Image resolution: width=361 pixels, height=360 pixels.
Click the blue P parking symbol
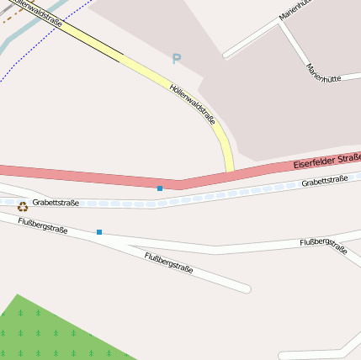click(176, 59)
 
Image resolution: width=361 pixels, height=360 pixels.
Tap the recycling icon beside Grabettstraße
click(23, 206)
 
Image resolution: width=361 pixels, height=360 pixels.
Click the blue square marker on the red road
click(160, 188)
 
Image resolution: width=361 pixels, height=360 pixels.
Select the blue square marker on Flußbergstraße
click(98, 231)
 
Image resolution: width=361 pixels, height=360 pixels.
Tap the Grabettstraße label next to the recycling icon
click(56, 203)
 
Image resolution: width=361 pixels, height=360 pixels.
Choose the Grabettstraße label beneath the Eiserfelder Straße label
click(325, 181)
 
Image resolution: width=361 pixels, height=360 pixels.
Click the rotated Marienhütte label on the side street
click(323, 73)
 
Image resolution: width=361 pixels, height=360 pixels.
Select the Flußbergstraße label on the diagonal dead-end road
click(168, 263)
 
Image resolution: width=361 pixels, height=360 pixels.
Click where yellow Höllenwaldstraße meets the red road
click(230, 172)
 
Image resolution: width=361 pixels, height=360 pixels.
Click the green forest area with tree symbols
click(50, 332)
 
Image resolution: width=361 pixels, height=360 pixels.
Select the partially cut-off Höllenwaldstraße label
click(38, 12)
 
